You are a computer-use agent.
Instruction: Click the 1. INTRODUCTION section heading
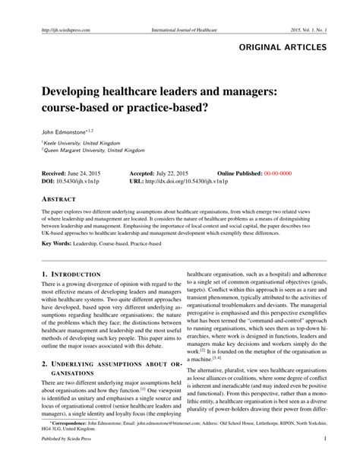click(x=71, y=273)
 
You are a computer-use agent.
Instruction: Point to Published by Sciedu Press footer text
click(x=65, y=460)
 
